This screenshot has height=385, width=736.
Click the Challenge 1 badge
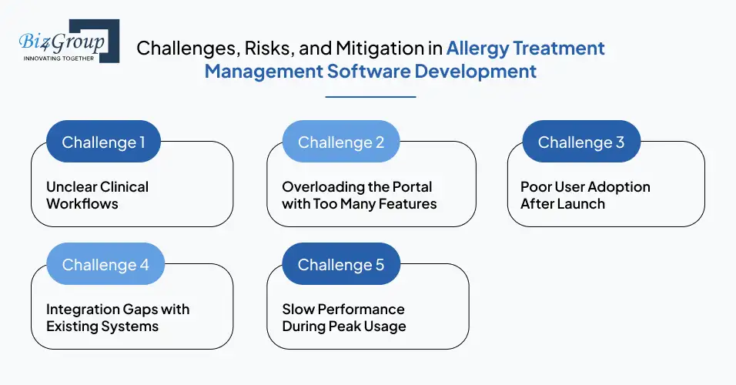click(103, 142)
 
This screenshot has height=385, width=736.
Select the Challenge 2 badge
click(340, 142)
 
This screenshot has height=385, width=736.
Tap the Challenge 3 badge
click(580, 142)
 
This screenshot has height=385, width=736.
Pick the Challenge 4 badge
click(105, 264)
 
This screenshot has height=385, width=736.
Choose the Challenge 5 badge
click(340, 264)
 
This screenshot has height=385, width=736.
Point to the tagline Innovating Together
click(59, 58)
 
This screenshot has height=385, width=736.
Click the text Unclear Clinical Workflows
click(97, 196)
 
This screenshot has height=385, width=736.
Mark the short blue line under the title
click(370, 96)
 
